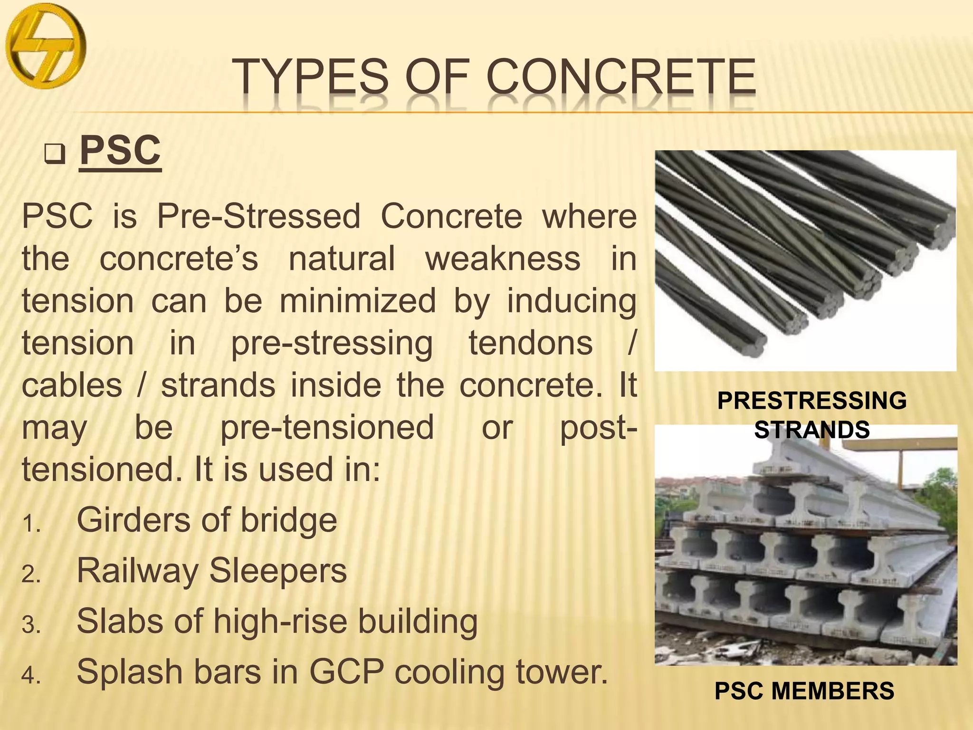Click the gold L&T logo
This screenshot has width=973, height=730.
point(46,46)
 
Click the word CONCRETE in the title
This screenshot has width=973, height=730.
point(621,77)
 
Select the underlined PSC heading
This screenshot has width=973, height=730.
point(120,151)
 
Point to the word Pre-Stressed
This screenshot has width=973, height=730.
point(258,217)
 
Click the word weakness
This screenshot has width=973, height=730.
point(503,259)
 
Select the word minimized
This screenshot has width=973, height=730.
point(357,301)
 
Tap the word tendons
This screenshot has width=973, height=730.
point(531,343)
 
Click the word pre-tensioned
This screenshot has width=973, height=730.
point(327,428)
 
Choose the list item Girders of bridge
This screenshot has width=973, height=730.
point(207,520)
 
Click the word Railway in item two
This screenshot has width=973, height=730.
point(137,571)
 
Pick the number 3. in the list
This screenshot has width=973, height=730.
point(31,625)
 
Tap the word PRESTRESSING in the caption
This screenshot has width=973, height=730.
point(811,401)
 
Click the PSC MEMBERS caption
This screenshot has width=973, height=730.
point(804,691)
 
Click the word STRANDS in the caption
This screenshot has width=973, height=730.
point(811,430)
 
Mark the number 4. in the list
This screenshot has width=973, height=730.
point(31,676)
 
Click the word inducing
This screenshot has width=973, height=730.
point(572,301)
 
